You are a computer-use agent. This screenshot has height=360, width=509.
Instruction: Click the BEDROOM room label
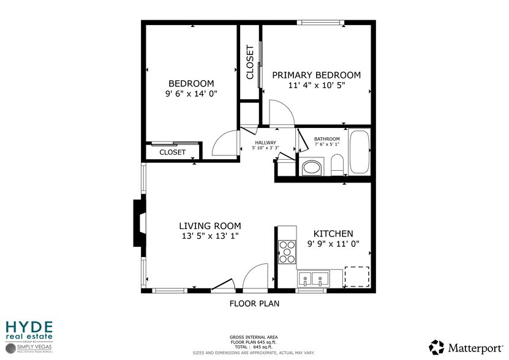(x=191, y=84)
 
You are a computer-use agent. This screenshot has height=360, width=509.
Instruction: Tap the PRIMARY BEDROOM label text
(x=316, y=75)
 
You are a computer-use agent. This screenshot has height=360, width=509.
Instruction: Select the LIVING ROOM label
(x=209, y=226)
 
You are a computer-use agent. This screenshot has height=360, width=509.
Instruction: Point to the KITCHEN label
(x=333, y=234)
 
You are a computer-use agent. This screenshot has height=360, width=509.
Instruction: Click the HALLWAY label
(x=266, y=143)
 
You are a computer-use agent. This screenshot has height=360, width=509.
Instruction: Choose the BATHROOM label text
(x=326, y=139)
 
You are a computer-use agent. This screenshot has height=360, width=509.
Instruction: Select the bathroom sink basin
(x=313, y=167)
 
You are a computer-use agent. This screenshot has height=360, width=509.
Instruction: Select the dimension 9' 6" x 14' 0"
(x=191, y=94)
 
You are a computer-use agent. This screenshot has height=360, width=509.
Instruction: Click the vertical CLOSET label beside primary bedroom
(x=250, y=62)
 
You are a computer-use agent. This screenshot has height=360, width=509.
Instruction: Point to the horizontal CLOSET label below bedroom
(x=172, y=152)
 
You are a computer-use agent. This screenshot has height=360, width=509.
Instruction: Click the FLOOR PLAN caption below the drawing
(x=254, y=303)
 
